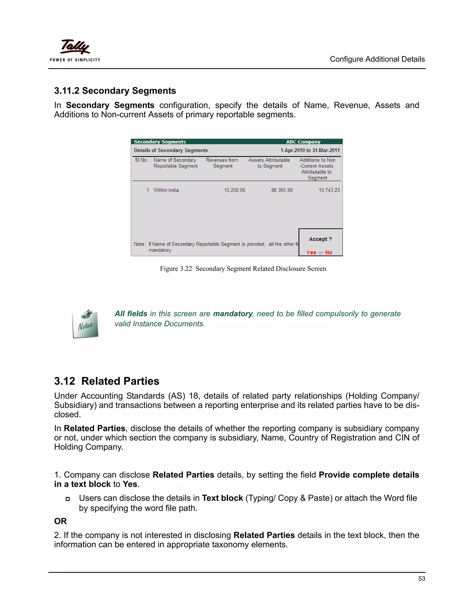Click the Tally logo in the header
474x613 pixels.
tap(75, 47)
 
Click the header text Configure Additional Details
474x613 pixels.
tap(377, 59)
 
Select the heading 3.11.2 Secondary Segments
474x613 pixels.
tap(115, 91)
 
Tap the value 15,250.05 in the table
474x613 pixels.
tap(234, 190)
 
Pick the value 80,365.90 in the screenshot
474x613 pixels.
tap(282, 190)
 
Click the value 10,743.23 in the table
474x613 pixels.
tap(329, 190)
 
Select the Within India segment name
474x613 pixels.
tap(166, 190)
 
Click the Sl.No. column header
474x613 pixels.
tap(141, 160)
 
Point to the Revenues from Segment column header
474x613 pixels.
tap(222, 163)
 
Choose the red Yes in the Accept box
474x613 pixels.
tap(311, 252)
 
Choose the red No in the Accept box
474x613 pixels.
tap(329, 252)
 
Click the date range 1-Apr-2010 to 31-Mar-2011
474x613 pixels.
tap(310, 150)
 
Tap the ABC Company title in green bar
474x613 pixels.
tap(303, 142)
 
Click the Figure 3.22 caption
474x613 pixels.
tap(243, 269)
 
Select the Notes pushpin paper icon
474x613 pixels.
tap(86, 324)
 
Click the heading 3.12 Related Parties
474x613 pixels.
tap(107, 381)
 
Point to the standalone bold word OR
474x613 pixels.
tap(60, 521)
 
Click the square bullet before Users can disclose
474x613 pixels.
tap(67, 499)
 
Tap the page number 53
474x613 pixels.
tap(421, 579)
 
